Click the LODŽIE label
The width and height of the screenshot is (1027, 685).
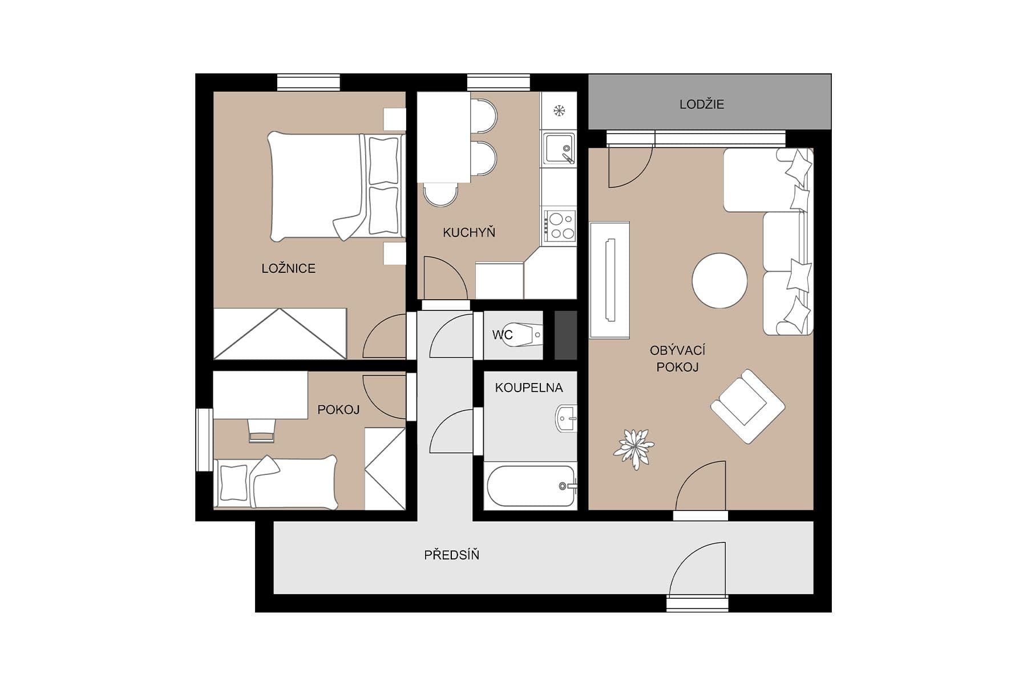(701, 104)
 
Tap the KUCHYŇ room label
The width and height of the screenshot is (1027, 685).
(468, 232)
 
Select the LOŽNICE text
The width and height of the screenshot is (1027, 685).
(288, 268)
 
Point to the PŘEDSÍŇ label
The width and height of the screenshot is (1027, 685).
(451, 555)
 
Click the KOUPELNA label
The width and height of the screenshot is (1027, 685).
(529, 388)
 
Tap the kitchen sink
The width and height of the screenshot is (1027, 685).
(558, 148)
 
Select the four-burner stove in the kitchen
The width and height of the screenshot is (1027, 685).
(559, 225)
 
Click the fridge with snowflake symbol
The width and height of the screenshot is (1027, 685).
(559, 111)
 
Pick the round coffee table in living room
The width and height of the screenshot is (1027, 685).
(719, 281)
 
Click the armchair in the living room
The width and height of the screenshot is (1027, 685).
(747, 406)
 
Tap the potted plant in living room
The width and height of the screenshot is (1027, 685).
(633, 448)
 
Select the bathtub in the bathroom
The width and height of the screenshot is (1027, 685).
(530, 486)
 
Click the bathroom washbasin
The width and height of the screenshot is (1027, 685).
(566, 418)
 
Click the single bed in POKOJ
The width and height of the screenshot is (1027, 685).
(277, 482)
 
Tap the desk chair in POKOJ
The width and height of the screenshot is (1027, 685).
(262, 430)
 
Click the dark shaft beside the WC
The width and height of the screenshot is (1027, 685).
(565, 335)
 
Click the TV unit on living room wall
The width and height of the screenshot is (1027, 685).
(609, 280)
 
